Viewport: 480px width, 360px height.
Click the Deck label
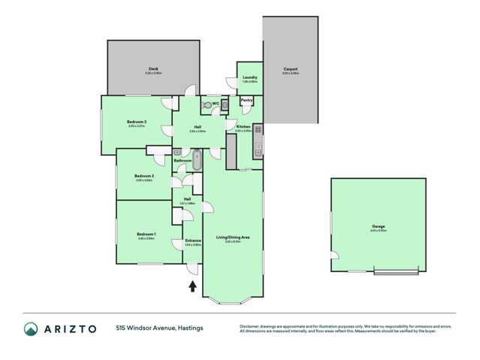[152, 69]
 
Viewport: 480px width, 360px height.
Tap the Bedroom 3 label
[136, 122]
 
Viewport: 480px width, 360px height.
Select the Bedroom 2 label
[144, 177]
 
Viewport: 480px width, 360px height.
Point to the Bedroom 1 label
[146, 234]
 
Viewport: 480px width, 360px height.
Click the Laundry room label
[250, 77]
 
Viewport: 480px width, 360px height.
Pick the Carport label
[291, 69]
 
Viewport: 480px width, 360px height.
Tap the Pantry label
[246, 99]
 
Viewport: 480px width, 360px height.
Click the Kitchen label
[243, 127]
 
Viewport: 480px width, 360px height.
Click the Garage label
[379, 225]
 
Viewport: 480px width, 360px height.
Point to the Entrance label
[193, 241]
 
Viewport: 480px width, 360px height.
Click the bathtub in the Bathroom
[198, 159]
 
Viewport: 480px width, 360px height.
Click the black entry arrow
[193, 286]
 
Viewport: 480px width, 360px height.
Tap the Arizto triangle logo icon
[31, 328]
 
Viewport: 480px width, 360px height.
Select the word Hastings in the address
[189, 328]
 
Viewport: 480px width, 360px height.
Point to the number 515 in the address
[121, 328]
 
